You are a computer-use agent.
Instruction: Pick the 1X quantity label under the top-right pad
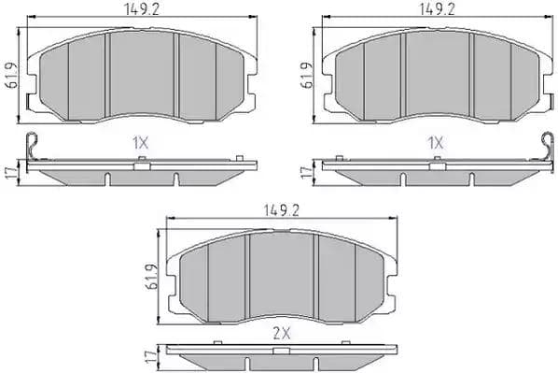pos(435,145)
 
